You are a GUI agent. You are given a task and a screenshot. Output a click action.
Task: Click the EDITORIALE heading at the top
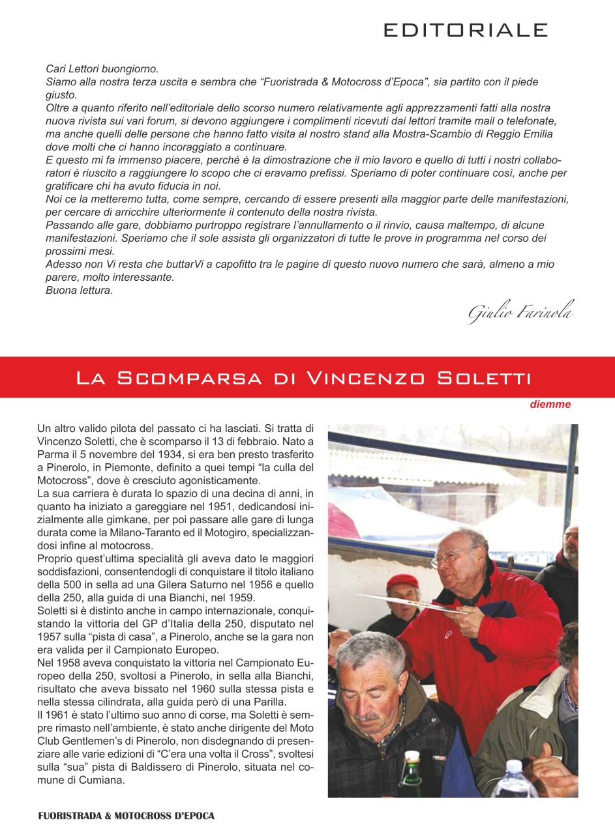[465, 30]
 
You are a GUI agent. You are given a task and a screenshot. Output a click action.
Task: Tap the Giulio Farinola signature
[520, 313]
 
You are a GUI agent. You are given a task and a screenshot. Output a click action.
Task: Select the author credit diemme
[550, 405]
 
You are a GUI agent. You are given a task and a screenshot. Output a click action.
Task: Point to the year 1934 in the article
[165, 455]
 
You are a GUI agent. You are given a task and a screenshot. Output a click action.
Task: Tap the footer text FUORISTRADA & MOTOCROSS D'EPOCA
[126, 816]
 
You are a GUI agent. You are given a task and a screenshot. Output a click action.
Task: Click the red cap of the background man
[402, 582]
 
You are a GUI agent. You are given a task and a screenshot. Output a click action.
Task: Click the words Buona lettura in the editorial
[79, 291]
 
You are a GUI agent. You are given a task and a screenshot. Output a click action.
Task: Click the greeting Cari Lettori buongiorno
[102, 68]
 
